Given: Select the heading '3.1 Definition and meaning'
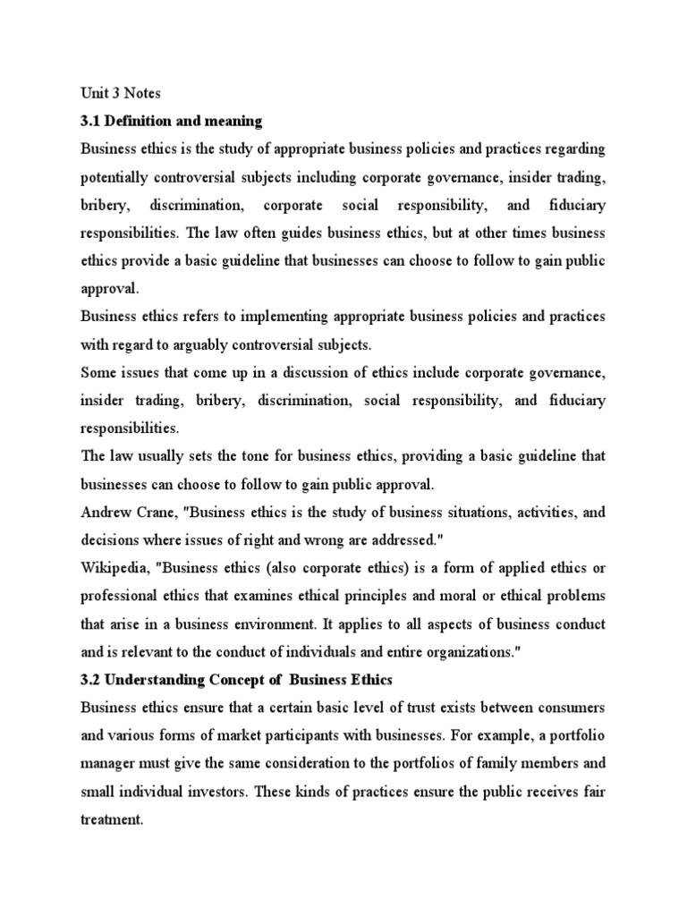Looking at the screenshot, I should pos(168,121).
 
